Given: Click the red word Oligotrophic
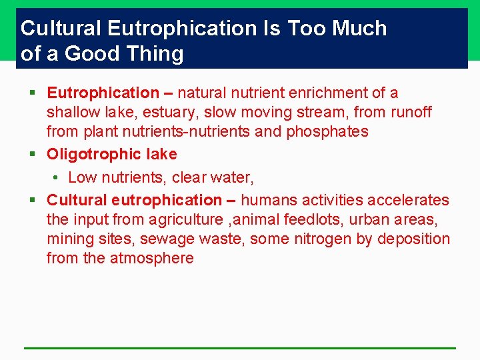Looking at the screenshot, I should click(x=89, y=154).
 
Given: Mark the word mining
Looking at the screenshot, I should click(x=69, y=239).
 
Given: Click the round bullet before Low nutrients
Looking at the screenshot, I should click(x=58, y=178).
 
